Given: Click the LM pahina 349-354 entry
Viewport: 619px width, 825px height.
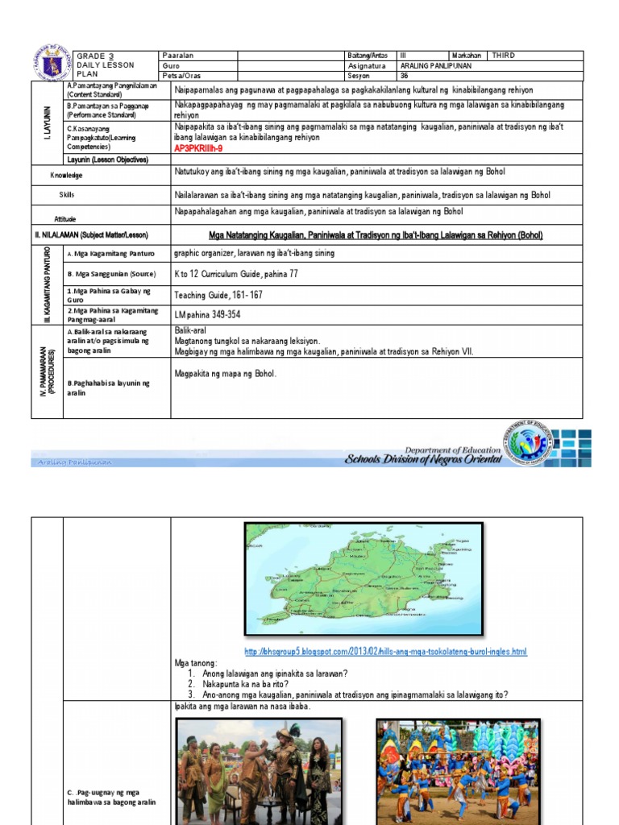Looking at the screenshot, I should tap(207, 314).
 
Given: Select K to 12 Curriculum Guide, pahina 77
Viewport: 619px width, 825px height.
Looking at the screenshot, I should tap(236, 274).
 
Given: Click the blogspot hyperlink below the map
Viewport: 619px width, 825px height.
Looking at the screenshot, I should tap(386, 651).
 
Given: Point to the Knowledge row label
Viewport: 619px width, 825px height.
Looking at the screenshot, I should tap(69, 175).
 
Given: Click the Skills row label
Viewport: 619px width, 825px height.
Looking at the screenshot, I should tap(66, 195).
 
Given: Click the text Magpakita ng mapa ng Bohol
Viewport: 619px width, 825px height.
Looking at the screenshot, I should tap(225, 374).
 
